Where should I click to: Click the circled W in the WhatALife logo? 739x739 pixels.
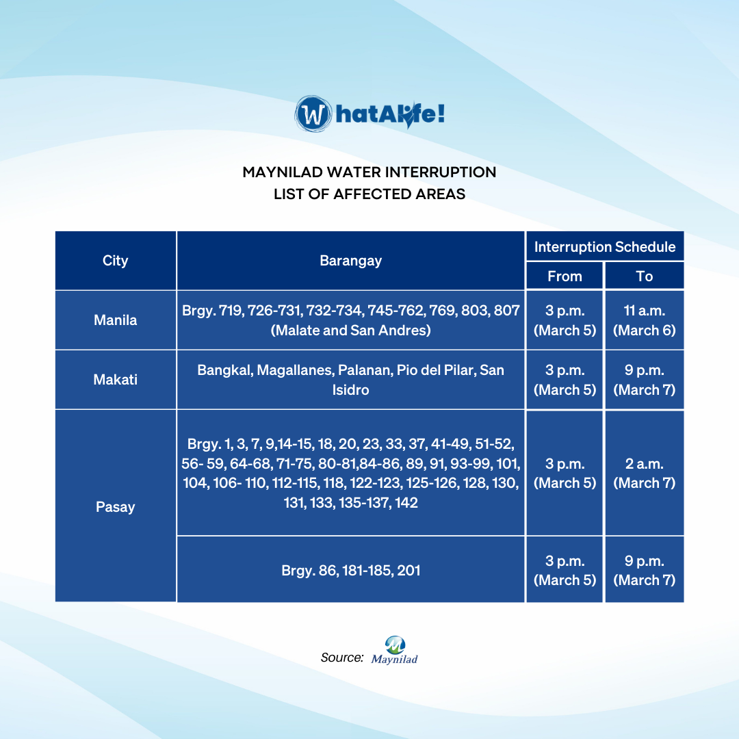tap(313, 114)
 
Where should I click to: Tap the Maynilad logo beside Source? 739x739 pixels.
tap(395, 651)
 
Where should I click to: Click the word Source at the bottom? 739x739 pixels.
tap(341, 658)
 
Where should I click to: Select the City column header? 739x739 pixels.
tap(116, 261)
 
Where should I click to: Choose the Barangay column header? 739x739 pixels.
tap(350, 261)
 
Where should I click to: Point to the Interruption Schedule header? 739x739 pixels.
tap(605, 246)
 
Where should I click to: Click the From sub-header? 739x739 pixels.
tap(565, 276)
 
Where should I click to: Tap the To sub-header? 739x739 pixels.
tap(645, 276)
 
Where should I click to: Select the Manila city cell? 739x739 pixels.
tap(116, 320)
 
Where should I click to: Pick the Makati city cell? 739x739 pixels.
tap(116, 379)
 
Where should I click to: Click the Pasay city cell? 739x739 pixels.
tap(116, 506)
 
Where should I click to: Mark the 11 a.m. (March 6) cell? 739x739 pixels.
tap(645, 320)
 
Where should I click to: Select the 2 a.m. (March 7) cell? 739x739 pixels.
tap(645, 473)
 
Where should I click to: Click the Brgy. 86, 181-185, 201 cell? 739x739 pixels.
tap(350, 570)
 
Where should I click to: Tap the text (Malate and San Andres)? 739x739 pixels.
tap(350, 330)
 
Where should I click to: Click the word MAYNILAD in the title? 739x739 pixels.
tap(283, 172)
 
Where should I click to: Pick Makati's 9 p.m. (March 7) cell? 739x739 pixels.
tap(645, 379)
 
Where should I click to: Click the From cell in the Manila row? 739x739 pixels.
tap(565, 320)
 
